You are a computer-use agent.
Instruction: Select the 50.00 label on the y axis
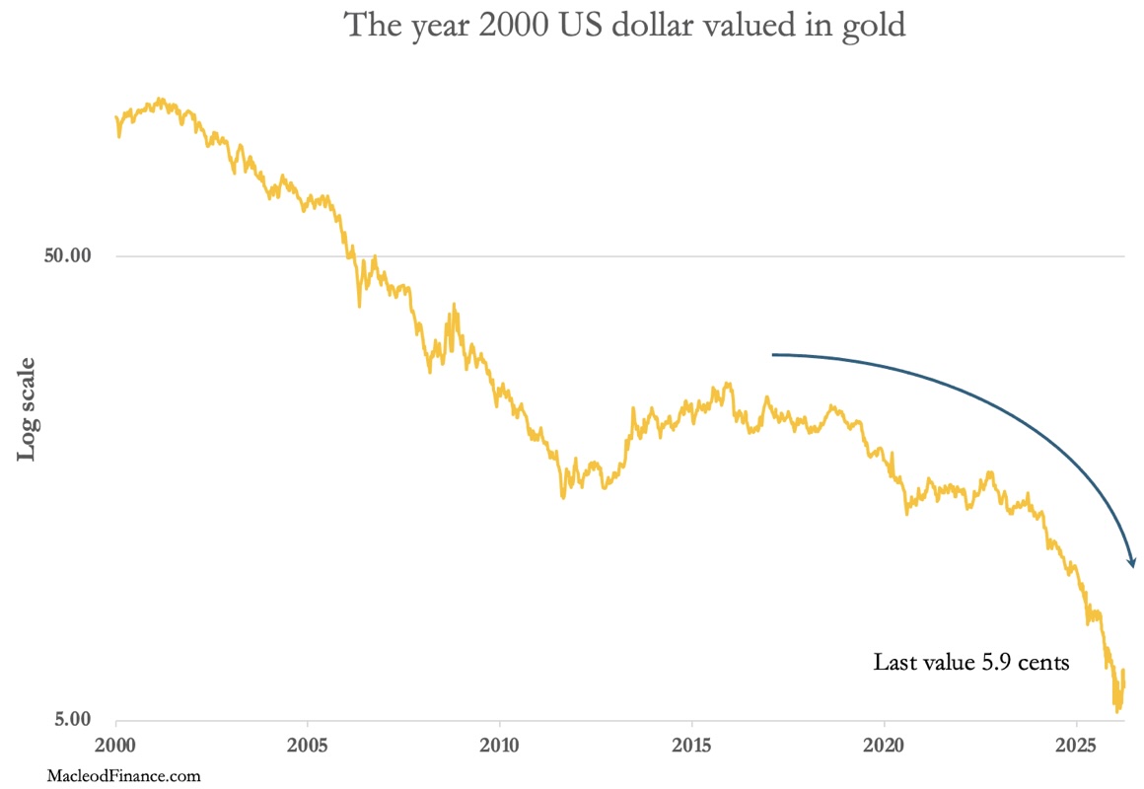[69, 256]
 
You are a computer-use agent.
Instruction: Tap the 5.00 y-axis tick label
[73, 719]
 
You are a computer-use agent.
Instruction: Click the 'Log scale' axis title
[28, 407]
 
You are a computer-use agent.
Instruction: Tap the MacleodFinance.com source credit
[123, 776]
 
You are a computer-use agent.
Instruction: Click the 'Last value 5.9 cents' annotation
[970, 663]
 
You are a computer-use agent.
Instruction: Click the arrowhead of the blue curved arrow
[1132, 564]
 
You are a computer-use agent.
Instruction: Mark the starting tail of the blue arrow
[773, 354]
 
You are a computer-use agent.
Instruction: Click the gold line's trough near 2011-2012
[563, 497]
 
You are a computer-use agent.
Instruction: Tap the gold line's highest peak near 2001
[162, 100]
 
